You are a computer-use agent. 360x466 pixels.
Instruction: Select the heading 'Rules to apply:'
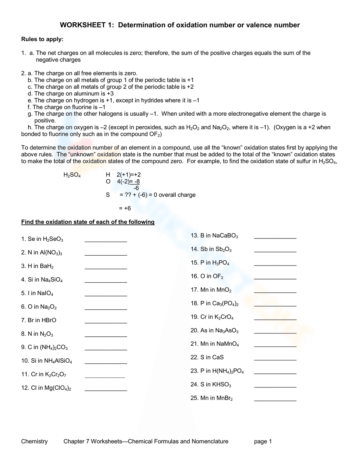(x=42, y=39)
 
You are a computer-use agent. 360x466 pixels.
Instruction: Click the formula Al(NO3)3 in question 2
(x=51, y=253)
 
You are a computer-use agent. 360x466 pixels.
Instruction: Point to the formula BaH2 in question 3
(x=46, y=266)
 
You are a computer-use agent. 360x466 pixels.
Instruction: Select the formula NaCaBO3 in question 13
(x=225, y=236)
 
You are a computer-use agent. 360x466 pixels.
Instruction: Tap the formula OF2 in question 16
(x=218, y=277)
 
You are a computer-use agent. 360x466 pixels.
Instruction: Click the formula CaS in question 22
(x=218, y=357)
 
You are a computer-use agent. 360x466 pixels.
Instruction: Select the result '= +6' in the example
(x=125, y=209)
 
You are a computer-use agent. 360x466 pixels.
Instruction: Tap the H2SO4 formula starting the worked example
(x=72, y=175)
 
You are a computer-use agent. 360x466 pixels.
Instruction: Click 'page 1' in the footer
(x=263, y=442)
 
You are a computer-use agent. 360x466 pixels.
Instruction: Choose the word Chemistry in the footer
(x=34, y=442)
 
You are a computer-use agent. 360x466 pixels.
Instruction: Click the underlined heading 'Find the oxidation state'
(x=88, y=222)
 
